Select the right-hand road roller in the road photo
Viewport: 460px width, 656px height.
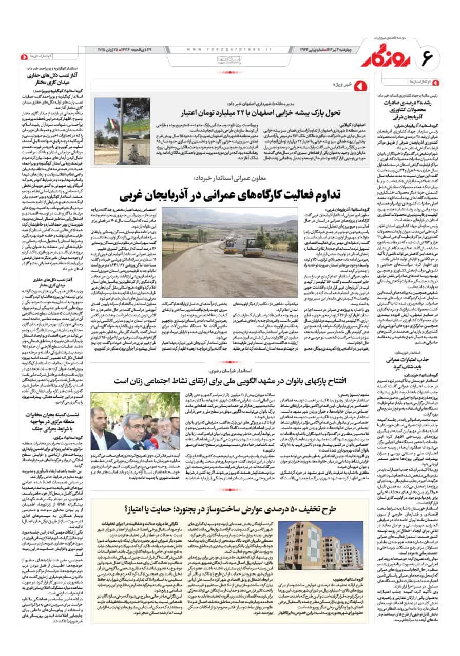(x=252, y=248)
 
